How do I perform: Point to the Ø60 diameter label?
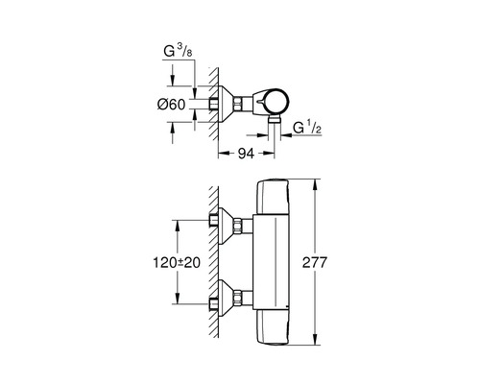click(x=169, y=103)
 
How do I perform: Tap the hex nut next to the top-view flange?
click(x=236, y=102)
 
